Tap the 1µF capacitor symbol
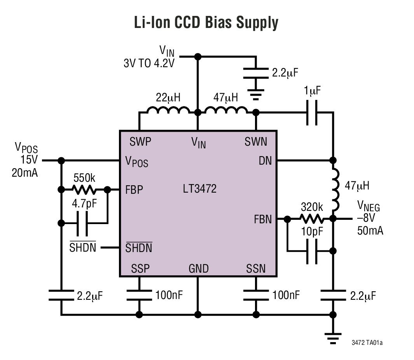point(312,113)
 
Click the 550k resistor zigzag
point(84,190)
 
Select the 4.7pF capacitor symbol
point(82,224)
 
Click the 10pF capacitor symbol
point(312,251)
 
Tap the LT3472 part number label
point(199,189)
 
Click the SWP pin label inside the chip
point(140,142)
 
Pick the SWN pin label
point(256,142)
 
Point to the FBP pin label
point(134,190)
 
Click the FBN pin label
point(263,219)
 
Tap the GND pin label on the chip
point(198,268)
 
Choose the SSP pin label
point(140,268)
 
